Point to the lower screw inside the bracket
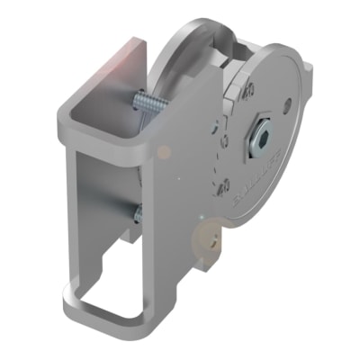(x=138, y=213)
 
